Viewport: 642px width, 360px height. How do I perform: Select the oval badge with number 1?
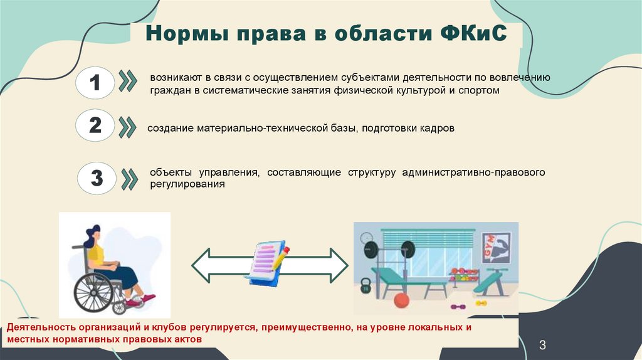(x=95, y=83)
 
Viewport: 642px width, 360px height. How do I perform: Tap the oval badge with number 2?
(x=95, y=125)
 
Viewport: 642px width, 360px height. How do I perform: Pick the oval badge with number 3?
(x=96, y=178)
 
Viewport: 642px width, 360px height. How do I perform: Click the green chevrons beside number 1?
(x=128, y=83)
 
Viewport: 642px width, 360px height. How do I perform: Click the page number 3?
(x=543, y=345)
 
